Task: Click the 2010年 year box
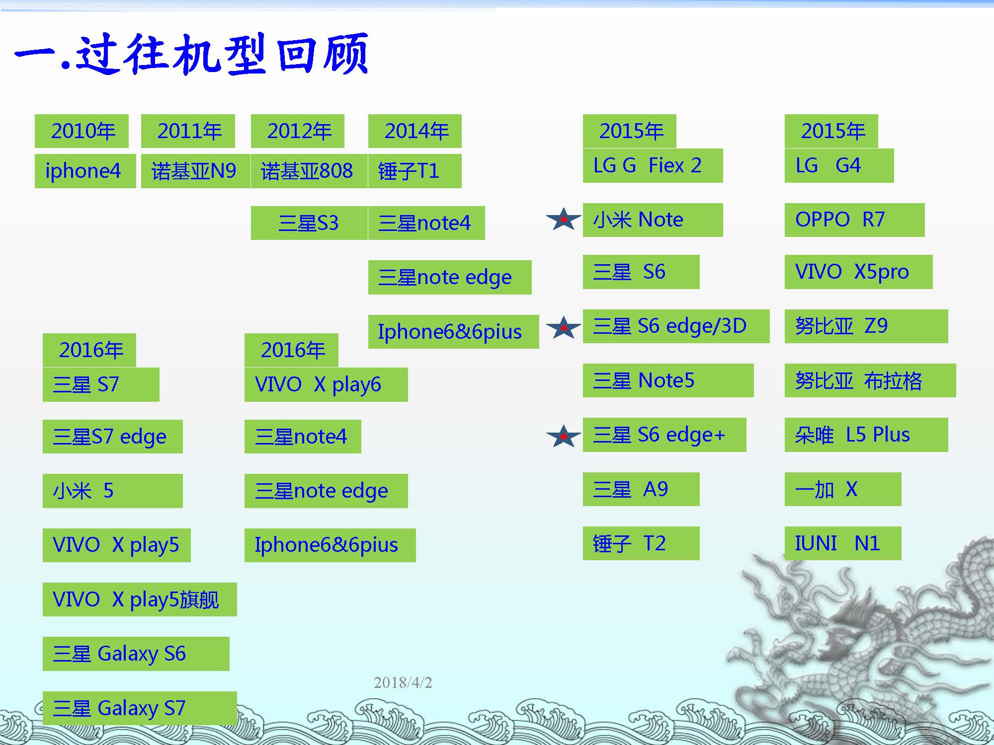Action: (82, 131)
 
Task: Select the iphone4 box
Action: (85, 171)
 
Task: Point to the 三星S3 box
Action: (309, 223)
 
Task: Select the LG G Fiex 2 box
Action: (653, 165)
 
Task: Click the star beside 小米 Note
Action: (564, 219)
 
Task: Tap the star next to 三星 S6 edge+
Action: (564, 436)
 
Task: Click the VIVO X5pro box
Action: (858, 272)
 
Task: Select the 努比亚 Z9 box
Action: (866, 326)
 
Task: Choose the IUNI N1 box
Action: (843, 543)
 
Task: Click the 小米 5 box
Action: (112, 491)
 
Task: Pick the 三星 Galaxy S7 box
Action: (140, 708)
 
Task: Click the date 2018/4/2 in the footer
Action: (403, 682)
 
